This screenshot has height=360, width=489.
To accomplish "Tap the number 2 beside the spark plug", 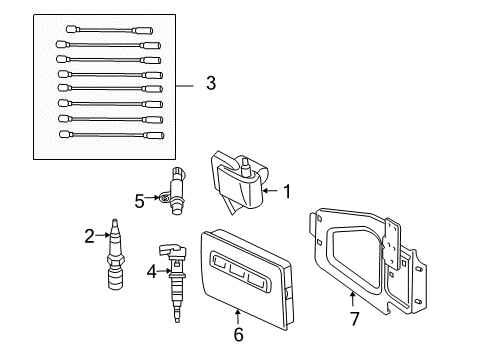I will click(89, 235).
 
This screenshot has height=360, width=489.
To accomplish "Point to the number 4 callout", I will click(150, 269).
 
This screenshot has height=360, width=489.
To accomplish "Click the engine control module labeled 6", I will click(244, 274).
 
